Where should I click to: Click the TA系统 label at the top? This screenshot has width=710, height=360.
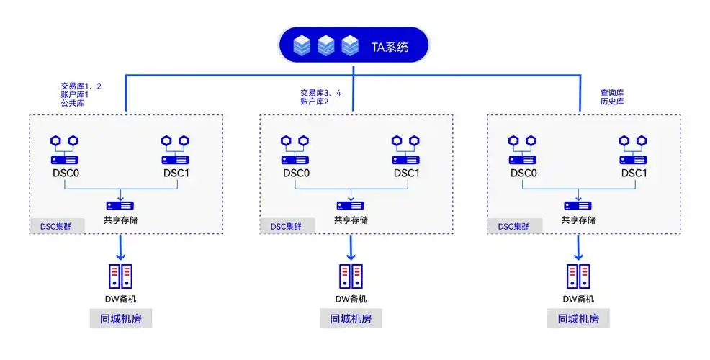[x=390, y=48]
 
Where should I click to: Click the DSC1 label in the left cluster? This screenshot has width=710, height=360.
[x=176, y=173]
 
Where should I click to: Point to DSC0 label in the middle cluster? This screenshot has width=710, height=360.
[x=295, y=173]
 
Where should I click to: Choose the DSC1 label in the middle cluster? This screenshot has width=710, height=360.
[x=406, y=173]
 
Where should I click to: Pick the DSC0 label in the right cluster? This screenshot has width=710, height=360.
[x=523, y=173]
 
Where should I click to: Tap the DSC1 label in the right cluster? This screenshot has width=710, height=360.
[x=634, y=173]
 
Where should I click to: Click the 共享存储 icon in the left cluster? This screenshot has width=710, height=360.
[x=120, y=205]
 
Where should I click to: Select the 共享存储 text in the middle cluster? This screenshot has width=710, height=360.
[x=351, y=220]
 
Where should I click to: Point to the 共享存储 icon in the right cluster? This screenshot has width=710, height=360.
[x=578, y=205]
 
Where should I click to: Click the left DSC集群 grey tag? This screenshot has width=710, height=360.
[x=57, y=226]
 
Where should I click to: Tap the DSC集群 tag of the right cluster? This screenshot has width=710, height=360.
[x=514, y=226]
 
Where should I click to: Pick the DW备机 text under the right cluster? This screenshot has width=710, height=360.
[x=578, y=299]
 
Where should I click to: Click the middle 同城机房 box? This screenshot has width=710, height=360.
[x=351, y=319]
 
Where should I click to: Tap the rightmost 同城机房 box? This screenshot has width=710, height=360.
[x=578, y=319]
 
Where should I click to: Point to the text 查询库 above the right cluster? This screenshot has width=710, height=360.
[x=611, y=93]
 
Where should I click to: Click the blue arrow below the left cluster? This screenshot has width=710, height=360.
[x=120, y=248]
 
